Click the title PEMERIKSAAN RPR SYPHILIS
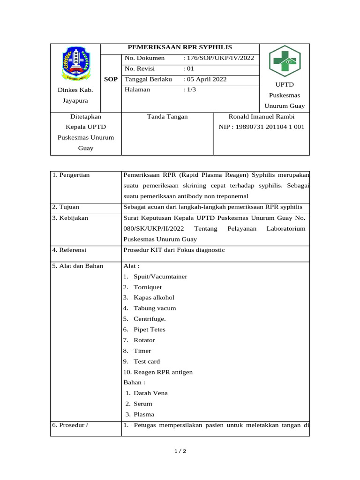[180, 47]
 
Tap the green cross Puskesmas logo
[284, 61]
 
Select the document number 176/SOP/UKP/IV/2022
[219, 58]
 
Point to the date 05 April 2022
[206, 79]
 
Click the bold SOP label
[111, 79]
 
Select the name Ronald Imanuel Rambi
[262, 116]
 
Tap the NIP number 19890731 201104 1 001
[262, 127]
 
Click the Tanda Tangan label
[167, 116]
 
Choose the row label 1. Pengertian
[71, 175]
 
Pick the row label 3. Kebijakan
[70, 218]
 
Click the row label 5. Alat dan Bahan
[78, 266]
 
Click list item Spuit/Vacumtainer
[160, 277]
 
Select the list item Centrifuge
[149, 319]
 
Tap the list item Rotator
[144, 340]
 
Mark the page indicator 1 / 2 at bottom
[180, 451]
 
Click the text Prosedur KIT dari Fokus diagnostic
[174, 250]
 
